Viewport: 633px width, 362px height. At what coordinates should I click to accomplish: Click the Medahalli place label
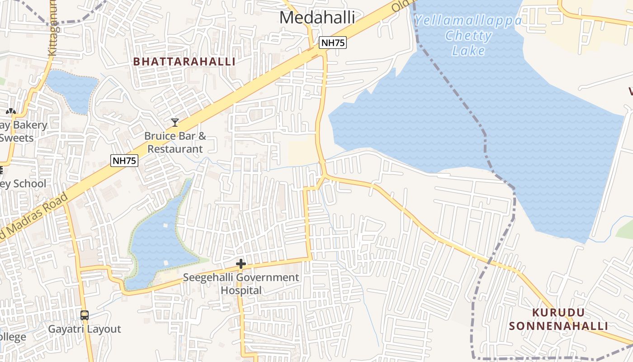(x=317, y=18)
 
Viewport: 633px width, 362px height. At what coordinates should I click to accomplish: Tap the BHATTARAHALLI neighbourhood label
(x=184, y=62)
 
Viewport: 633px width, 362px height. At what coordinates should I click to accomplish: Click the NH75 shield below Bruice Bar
(x=124, y=160)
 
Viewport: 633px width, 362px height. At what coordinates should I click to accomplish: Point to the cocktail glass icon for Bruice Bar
(x=175, y=122)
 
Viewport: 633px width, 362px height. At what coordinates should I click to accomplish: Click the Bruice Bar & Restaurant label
(x=175, y=142)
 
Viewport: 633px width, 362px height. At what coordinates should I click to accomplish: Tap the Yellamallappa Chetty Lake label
(x=468, y=35)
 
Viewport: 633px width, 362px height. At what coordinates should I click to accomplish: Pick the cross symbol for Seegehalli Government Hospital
(x=241, y=264)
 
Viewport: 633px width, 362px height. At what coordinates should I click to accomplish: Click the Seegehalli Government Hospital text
(x=241, y=284)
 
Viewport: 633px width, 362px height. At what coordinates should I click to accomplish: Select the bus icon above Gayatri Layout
(x=85, y=315)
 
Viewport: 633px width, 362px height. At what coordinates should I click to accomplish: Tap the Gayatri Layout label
(x=85, y=329)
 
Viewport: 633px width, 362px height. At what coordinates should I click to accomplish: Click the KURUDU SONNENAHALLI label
(x=558, y=319)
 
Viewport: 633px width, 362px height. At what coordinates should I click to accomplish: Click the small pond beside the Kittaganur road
(x=72, y=90)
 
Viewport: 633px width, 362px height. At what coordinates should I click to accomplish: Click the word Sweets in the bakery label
(x=17, y=138)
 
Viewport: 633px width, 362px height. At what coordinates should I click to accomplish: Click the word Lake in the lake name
(x=468, y=50)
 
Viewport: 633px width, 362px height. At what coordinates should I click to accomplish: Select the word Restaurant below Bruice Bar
(x=175, y=149)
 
